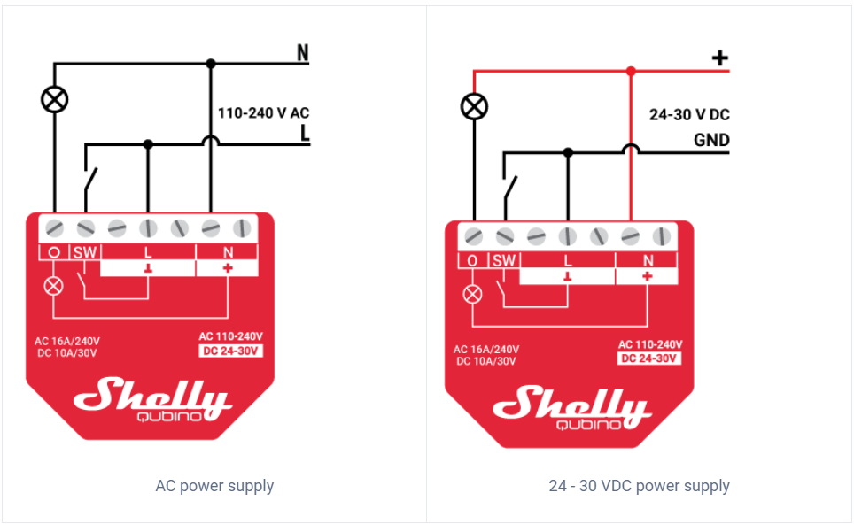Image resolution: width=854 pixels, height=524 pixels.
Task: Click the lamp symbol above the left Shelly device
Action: [54, 99]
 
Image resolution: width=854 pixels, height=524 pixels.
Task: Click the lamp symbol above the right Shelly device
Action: [474, 106]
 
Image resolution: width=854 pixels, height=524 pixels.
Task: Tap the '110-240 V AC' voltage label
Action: [264, 113]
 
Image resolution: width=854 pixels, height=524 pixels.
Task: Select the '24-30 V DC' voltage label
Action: [689, 115]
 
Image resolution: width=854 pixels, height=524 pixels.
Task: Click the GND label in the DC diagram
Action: [711, 141]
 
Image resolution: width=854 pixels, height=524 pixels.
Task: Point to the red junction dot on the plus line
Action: [631, 72]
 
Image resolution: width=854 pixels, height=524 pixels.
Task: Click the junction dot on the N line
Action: [211, 64]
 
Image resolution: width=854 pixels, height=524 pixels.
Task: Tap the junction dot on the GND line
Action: [568, 152]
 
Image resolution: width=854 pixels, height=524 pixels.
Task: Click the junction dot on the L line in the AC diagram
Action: [148, 144]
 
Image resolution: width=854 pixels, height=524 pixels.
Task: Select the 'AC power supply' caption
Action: [214, 486]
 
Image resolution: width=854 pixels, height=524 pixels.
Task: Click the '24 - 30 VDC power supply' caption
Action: [639, 486]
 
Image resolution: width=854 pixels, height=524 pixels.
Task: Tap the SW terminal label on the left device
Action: [85, 252]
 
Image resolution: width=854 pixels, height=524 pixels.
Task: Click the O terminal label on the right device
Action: [472, 260]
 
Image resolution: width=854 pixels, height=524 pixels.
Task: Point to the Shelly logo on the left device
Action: [153, 400]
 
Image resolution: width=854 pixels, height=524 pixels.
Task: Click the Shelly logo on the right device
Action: [572, 408]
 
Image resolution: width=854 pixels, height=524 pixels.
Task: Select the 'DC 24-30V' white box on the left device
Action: [231, 351]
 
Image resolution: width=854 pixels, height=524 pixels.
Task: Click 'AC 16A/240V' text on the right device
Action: [486, 350]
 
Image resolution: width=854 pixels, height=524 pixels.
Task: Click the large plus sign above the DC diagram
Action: [720, 58]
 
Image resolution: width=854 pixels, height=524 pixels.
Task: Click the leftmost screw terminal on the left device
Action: [54, 228]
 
